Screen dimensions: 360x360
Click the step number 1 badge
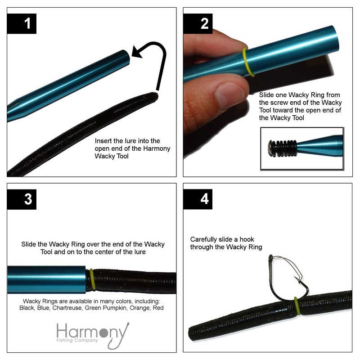pos(27,23)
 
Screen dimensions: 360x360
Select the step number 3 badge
pos(27,199)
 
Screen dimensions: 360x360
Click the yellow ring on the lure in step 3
pos(92,279)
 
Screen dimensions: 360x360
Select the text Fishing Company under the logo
pos(77,340)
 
